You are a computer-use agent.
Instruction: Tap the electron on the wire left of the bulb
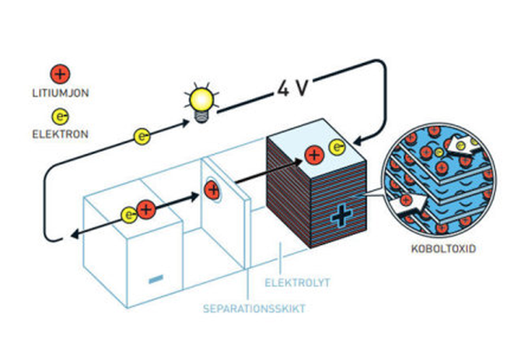pos(142,136)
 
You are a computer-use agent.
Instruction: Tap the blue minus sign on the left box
pos(156,277)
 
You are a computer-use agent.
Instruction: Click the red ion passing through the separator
pos(212,188)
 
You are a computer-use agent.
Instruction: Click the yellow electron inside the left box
pos(128,213)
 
